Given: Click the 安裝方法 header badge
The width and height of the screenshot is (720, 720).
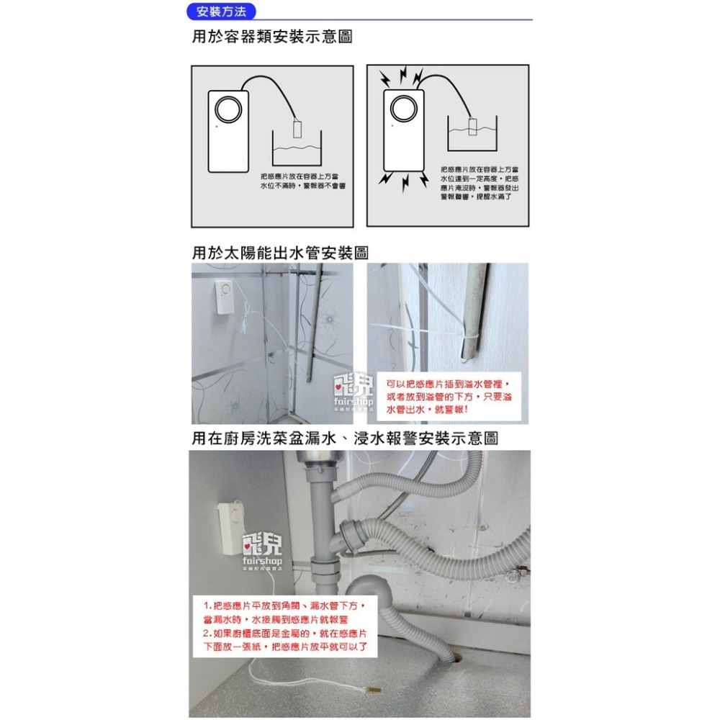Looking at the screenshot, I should [x=215, y=12].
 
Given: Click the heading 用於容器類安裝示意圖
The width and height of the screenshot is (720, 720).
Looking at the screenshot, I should [x=272, y=37].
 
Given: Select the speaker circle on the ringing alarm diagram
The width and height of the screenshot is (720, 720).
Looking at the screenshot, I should [x=401, y=110].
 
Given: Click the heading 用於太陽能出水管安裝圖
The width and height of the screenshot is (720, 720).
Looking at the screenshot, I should [x=280, y=253].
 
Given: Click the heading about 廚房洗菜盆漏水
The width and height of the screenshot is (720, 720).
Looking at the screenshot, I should [x=345, y=438].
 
